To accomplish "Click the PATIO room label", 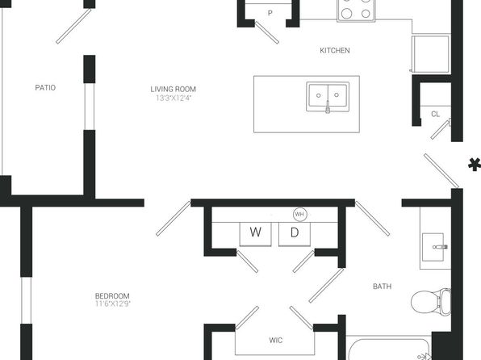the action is pyautogui.click(x=45, y=88).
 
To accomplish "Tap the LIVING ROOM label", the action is pyautogui.click(x=173, y=90).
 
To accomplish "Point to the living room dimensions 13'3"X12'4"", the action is pyautogui.click(x=174, y=98).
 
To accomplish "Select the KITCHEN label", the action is pyautogui.click(x=335, y=50).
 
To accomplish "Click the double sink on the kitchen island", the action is pyautogui.click(x=328, y=97).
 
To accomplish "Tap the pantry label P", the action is pyautogui.click(x=270, y=13).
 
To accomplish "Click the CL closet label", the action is pyautogui.click(x=435, y=114).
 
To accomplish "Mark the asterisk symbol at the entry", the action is pyautogui.click(x=475, y=164).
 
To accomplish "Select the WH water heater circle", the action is pyautogui.click(x=299, y=214).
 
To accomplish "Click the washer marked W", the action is pyautogui.click(x=255, y=234).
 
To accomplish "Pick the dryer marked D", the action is pyautogui.click(x=295, y=234).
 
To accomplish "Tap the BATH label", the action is pyautogui.click(x=382, y=287).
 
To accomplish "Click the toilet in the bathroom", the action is pyautogui.click(x=431, y=302).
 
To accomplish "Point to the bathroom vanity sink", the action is pyautogui.click(x=433, y=247).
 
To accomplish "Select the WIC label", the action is pyautogui.click(x=275, y=340).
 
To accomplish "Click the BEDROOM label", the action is pyautogui.click(x=112, y=296).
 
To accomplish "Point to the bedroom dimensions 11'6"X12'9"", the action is pyautogui.click(x=113, y=304).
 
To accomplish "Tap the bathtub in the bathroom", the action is pyautogui.click(x=389, y=350).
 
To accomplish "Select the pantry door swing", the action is pyautogui.click(x=267, y=32).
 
